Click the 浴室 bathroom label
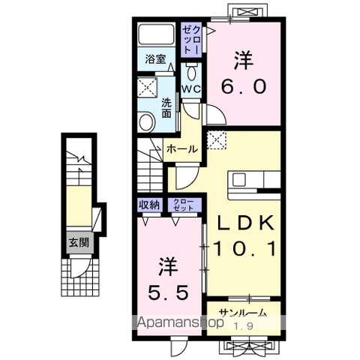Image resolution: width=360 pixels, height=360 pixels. tap(155, 59)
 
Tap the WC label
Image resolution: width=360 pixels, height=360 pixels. tap(191, 88)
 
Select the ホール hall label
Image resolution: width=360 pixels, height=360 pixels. tap(182, 149)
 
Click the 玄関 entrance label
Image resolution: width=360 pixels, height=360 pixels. tap(79, 242)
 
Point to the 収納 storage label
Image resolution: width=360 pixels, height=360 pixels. tap(149, 205)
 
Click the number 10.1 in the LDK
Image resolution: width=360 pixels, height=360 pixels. tap(246, 249)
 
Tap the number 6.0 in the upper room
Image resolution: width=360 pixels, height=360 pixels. tap(244, 87)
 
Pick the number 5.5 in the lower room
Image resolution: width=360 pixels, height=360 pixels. tap(168, 292)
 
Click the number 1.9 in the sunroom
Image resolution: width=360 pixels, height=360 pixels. tap(244, 326)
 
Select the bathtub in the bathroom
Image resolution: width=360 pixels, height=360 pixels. tap(157, 34)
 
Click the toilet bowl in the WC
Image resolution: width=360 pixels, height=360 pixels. tap(191, 73)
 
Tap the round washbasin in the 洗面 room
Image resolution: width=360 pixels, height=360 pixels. tap(146, 122)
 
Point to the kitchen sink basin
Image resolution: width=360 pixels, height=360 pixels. tap(239, 180)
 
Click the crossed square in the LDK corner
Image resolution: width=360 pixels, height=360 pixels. tap(217, 140)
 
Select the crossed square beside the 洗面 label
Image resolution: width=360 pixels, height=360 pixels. tap(148, 87)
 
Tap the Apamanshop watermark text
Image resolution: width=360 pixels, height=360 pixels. tap(180, 322)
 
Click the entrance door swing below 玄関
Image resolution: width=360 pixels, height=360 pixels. tap(79, 268)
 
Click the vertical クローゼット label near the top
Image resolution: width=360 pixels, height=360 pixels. tap(191, 40)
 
